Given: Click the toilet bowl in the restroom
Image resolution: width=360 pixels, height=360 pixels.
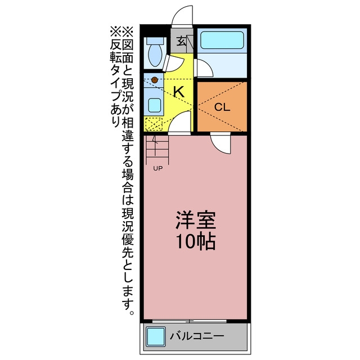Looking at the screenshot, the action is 155,55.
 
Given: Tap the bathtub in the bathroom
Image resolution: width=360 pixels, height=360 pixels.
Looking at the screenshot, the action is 222,40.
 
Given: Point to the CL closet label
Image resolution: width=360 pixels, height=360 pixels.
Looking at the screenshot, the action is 222,107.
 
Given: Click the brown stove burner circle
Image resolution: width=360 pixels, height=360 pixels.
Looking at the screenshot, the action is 155,80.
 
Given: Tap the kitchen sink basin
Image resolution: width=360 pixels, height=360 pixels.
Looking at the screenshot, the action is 154,105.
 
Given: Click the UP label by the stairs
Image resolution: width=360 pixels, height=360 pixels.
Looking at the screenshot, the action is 157,169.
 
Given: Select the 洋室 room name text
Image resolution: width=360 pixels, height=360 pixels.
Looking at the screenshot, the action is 196,220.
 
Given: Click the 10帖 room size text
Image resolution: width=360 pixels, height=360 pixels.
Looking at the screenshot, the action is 196,241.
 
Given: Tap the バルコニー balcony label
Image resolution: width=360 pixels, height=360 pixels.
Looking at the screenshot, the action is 197,336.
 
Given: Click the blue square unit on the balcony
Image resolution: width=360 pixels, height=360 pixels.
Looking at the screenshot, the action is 156,336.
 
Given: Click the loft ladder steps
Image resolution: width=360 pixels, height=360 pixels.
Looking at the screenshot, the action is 157,150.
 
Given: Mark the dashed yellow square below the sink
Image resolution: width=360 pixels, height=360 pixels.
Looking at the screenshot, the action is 154,124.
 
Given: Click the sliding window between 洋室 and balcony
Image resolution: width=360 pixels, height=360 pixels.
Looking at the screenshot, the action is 190,321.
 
